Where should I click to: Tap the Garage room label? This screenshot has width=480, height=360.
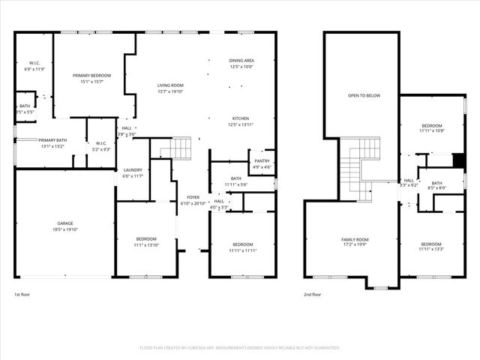click(65, 223)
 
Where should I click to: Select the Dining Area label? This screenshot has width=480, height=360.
click(241, 60)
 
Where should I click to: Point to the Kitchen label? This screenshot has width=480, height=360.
click(241, 118)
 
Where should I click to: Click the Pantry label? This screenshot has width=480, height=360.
click(262, 160)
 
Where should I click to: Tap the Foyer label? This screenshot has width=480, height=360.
click(193, 197)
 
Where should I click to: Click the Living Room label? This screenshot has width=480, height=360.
click(170, 85)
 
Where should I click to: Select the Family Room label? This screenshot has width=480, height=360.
click(355, 239)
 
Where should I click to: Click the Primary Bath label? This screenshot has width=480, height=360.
click(53, 140)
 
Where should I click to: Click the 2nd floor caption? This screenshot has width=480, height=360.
click(312, 295)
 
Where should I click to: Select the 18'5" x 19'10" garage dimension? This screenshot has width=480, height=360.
click(65, 229)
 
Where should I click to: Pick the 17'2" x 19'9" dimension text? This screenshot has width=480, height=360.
click(355, 245)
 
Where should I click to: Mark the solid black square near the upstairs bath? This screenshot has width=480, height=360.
click(459, 160)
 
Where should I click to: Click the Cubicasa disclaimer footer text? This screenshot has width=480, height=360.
click(239, 348)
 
